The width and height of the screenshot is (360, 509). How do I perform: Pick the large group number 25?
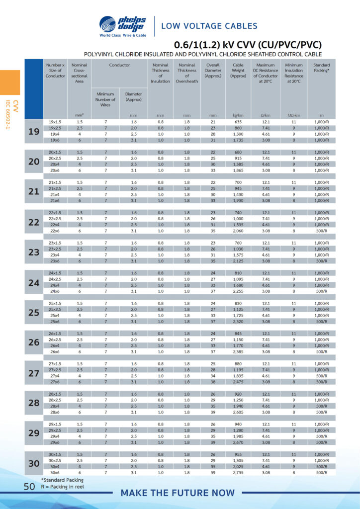34,313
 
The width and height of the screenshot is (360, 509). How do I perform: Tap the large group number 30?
34,463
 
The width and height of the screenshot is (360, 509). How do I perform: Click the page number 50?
29,487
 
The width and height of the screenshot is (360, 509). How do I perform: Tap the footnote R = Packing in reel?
63,487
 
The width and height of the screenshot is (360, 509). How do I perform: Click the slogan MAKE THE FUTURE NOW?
178,493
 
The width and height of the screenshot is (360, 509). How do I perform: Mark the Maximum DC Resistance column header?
267,73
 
